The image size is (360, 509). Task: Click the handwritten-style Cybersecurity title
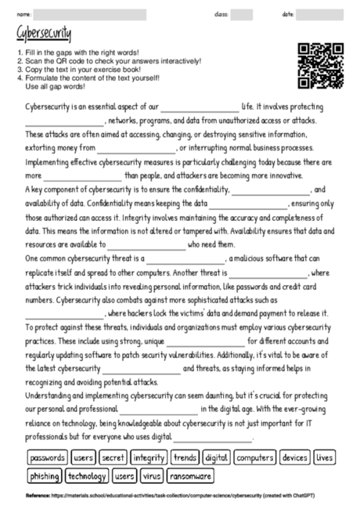point(41,34)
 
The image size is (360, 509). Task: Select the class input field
point(242,14)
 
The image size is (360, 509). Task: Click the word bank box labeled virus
point(152,475)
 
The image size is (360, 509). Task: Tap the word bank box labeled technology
point(87,475)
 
